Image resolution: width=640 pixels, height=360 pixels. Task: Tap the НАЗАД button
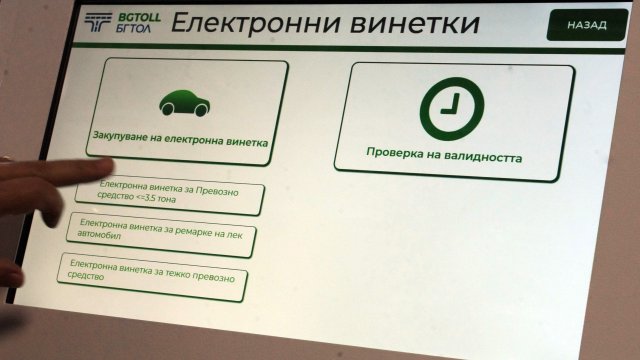tap(586, 25)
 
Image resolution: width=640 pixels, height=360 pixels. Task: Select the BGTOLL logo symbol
tap(97, 24)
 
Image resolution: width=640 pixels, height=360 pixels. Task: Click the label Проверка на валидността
tap(443, 157)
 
